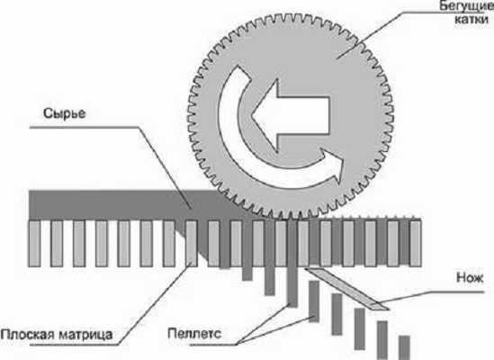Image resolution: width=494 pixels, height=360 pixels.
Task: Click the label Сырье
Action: pos(64,113)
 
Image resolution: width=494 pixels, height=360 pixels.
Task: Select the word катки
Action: pos(472,20)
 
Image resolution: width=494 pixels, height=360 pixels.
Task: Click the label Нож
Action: pos(470,278)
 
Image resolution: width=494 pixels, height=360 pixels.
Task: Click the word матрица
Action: pos(85,335)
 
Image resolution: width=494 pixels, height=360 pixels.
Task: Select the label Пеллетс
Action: pos(194,334)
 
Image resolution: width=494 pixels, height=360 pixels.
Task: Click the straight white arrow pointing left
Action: pos(290,115)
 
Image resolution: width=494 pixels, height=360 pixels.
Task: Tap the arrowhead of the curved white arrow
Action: pos(332,165)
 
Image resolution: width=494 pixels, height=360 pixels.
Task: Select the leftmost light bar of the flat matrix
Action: pos(34,243)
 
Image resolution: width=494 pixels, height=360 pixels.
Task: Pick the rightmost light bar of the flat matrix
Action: pos(416,243)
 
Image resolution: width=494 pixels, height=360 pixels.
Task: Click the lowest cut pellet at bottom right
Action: pos(404,347)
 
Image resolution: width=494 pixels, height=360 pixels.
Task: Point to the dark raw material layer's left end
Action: pos(30,204)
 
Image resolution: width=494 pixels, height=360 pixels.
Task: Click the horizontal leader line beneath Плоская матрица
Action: pos(75,345)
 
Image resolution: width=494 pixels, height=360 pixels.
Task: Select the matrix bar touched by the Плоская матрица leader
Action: pos(192,243)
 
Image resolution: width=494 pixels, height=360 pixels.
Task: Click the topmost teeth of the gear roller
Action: pos(290,16)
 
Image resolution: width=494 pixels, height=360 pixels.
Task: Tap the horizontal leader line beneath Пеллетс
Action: pos(213,345)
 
